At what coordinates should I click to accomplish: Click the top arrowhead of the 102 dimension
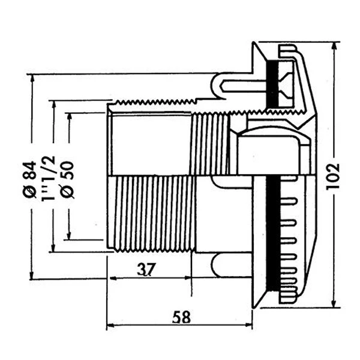coord(334,45)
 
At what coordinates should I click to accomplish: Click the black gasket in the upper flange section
coord(274,84)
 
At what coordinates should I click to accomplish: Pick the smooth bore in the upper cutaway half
coord(150,141)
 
